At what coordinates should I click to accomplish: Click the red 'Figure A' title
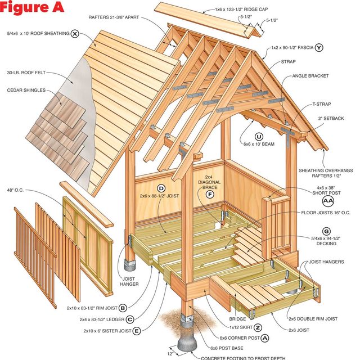tap(36, 8)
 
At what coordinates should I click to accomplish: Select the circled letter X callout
tap(75, 33)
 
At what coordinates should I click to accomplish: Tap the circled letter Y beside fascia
tap(319, 47)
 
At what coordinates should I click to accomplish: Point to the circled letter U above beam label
tap(259, 136)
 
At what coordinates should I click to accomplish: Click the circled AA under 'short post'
tap(328, 200)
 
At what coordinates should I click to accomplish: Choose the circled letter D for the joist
tap(161, 188)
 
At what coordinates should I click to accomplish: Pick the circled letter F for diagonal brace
tap(210, 195)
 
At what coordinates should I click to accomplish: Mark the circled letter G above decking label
tap(326, 231)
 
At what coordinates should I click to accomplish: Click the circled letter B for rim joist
tap(123, 308)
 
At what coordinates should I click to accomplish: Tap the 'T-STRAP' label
tap(322, 104)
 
